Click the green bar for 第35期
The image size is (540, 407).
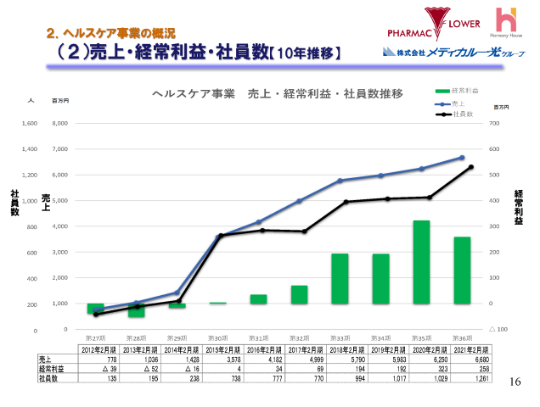click(x=421, y=262)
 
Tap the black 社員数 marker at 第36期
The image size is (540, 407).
click(x=470, y=167)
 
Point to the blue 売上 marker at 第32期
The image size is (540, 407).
click(x=299, y=201)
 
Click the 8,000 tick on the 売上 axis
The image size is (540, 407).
click(x=59, y=123)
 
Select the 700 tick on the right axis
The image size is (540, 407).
click(x=492, y=123)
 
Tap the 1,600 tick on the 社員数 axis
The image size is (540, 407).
click(x=29, y=123)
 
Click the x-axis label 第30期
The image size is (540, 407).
click(x=217, y=337)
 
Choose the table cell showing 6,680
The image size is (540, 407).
click(x=470, y=360)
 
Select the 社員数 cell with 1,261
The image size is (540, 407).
click(x=470, y=378)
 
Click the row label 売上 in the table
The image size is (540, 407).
click(x=46, y=360)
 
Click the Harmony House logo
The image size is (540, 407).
click(x=506, y=24)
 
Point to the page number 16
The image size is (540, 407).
click(x=514, y=382)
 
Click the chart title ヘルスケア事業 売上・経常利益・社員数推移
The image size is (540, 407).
click(x=277, y=92)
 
